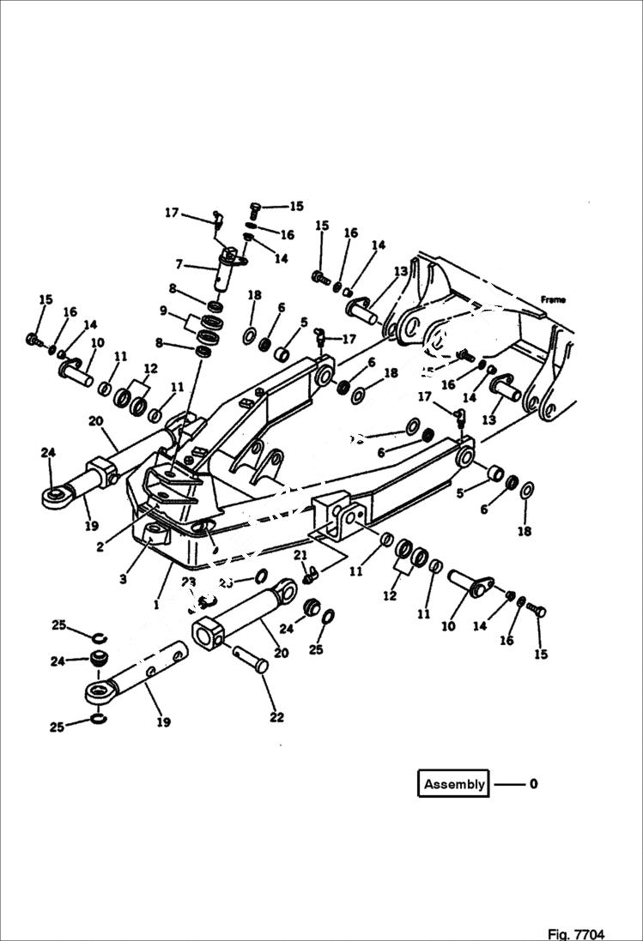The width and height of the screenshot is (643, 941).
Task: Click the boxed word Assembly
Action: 454,784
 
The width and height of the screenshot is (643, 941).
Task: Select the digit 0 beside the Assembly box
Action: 533,784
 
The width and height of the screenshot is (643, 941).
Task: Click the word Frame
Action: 555,299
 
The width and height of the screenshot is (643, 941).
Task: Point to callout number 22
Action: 276,717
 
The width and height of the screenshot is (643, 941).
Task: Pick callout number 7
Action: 179,265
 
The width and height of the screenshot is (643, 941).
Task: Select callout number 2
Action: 100,546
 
